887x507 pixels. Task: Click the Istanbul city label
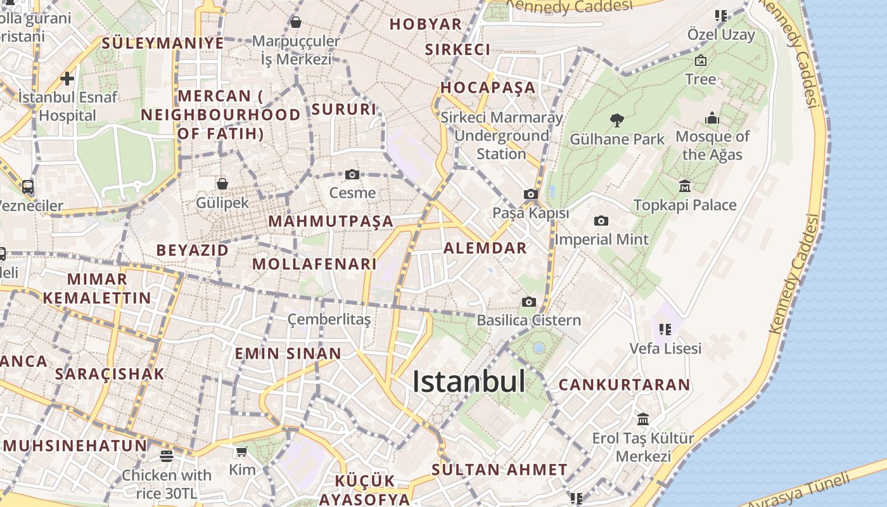[x=469, y=382]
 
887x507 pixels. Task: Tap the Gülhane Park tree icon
[x=616, y=120]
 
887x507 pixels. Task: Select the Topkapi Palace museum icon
[x=685, y=186]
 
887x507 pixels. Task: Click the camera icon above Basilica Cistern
[x=528, y=302]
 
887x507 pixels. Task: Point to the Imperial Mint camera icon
[x=601, y=221]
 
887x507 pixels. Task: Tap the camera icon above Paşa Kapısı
[x=531, y=195]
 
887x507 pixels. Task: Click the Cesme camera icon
[x=352, y=174]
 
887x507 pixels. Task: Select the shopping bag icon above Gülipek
[x=222, y=184]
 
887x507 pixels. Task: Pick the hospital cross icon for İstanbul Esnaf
[x=67, y=79]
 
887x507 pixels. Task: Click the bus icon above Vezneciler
[x=28, y=187]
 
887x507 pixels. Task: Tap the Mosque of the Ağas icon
[x=712, y=119]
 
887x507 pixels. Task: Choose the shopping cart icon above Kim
[x=241, y=452]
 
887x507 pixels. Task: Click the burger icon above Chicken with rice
[x=167, y=456]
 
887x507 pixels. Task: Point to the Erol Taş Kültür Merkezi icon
[x=643, y=419]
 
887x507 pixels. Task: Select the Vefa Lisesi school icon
[x=665, y=330]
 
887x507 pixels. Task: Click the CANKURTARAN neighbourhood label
[x=624, y=385]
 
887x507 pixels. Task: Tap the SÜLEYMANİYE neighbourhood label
[x=163, y=43]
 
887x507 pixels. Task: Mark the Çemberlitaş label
[x=329, y=319]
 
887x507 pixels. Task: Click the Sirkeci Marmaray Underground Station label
[x=501, y=136]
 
